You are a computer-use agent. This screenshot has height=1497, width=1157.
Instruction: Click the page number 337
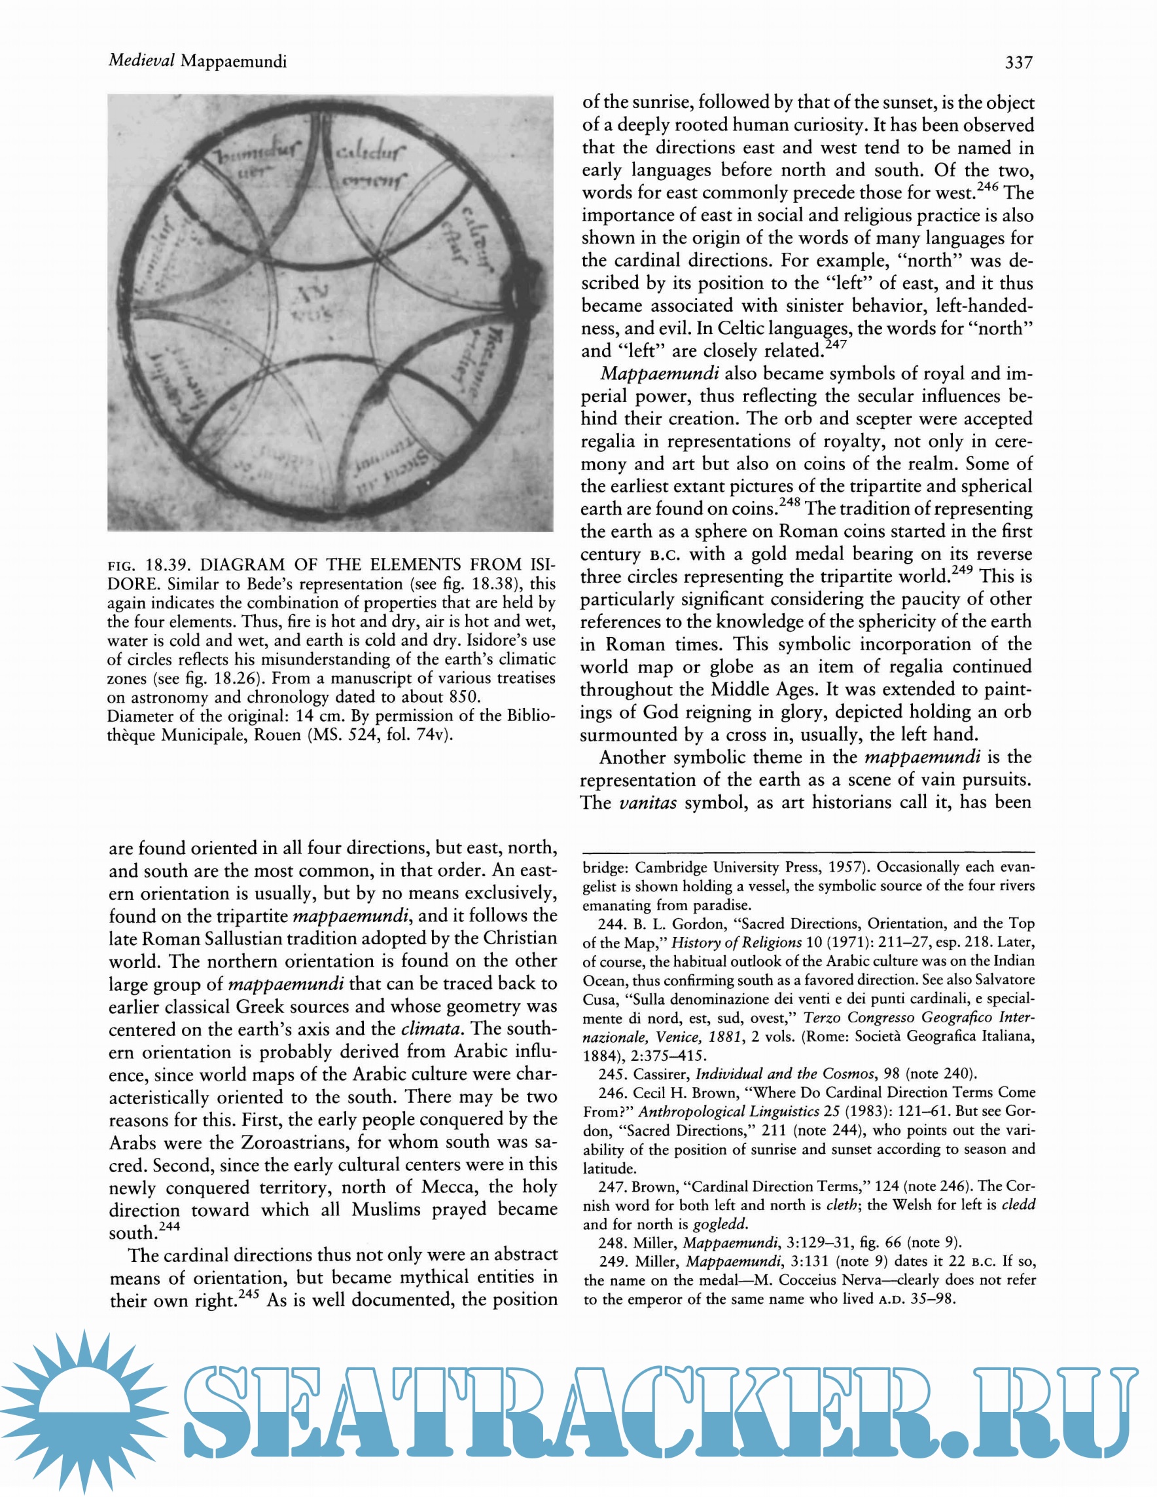coord(1018,62)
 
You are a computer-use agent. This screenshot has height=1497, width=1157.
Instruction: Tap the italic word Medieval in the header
coord(142,61)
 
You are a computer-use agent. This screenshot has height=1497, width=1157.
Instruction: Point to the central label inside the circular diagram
coord(311,303)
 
